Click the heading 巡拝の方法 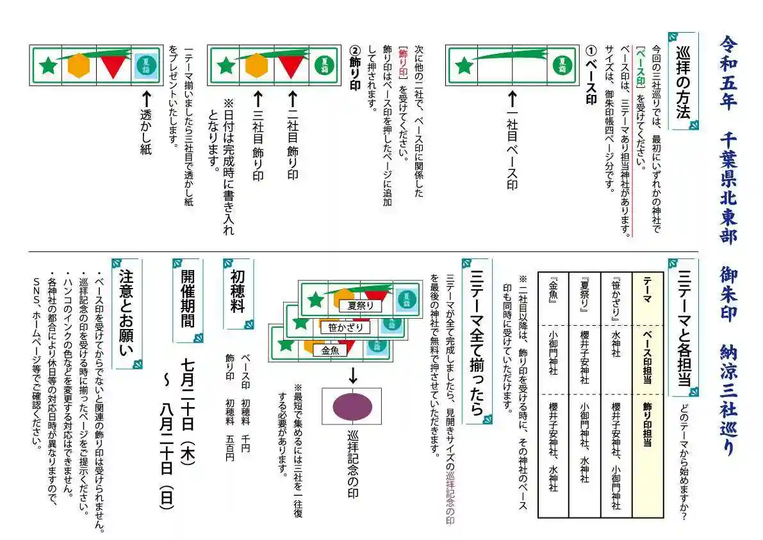(x=683, y=80)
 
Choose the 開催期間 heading (x=187, y=300)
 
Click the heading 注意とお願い (x=126, y=314)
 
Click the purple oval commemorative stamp (x=352, y=405)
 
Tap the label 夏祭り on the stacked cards (x=361, y=306)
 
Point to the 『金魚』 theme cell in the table (x=553, y=292)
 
